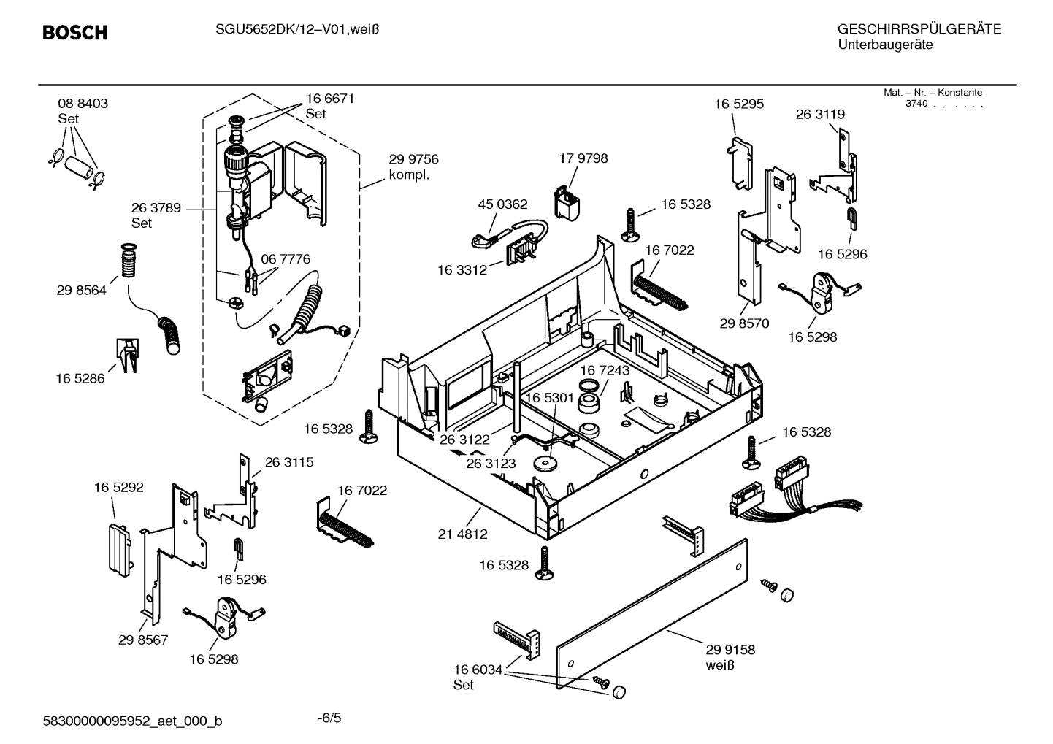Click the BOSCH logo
click(x=74, y=33)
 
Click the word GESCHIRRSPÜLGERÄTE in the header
click(x=919, y=30)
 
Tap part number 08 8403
click(x=83, y=104)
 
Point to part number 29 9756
click(x=413, y=160)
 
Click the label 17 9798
click(x=583, y=158)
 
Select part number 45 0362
click(x=502, y=204)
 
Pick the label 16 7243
click(x=605, y=371)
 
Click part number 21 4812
click(x=462, y=534)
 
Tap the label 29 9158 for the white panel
click(x=730, y=650)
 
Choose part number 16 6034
click(x=478, y=670)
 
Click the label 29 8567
click(x=143, y=640)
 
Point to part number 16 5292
click(x=118, y=487)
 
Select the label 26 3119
click(x=820, y=115)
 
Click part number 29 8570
click(x=744, y=323)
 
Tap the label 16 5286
click(x=80, y=378)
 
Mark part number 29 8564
click(x=81, y=291)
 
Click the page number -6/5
click(x=329, y=718)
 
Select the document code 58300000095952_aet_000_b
click(x=133, y=721)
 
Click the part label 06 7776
click(x=285, y=259)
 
